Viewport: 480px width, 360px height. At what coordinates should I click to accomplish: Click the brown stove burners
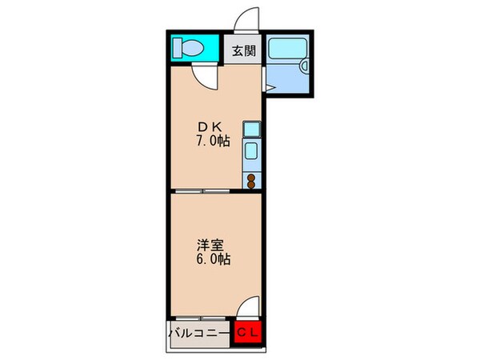tap(251, 181)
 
